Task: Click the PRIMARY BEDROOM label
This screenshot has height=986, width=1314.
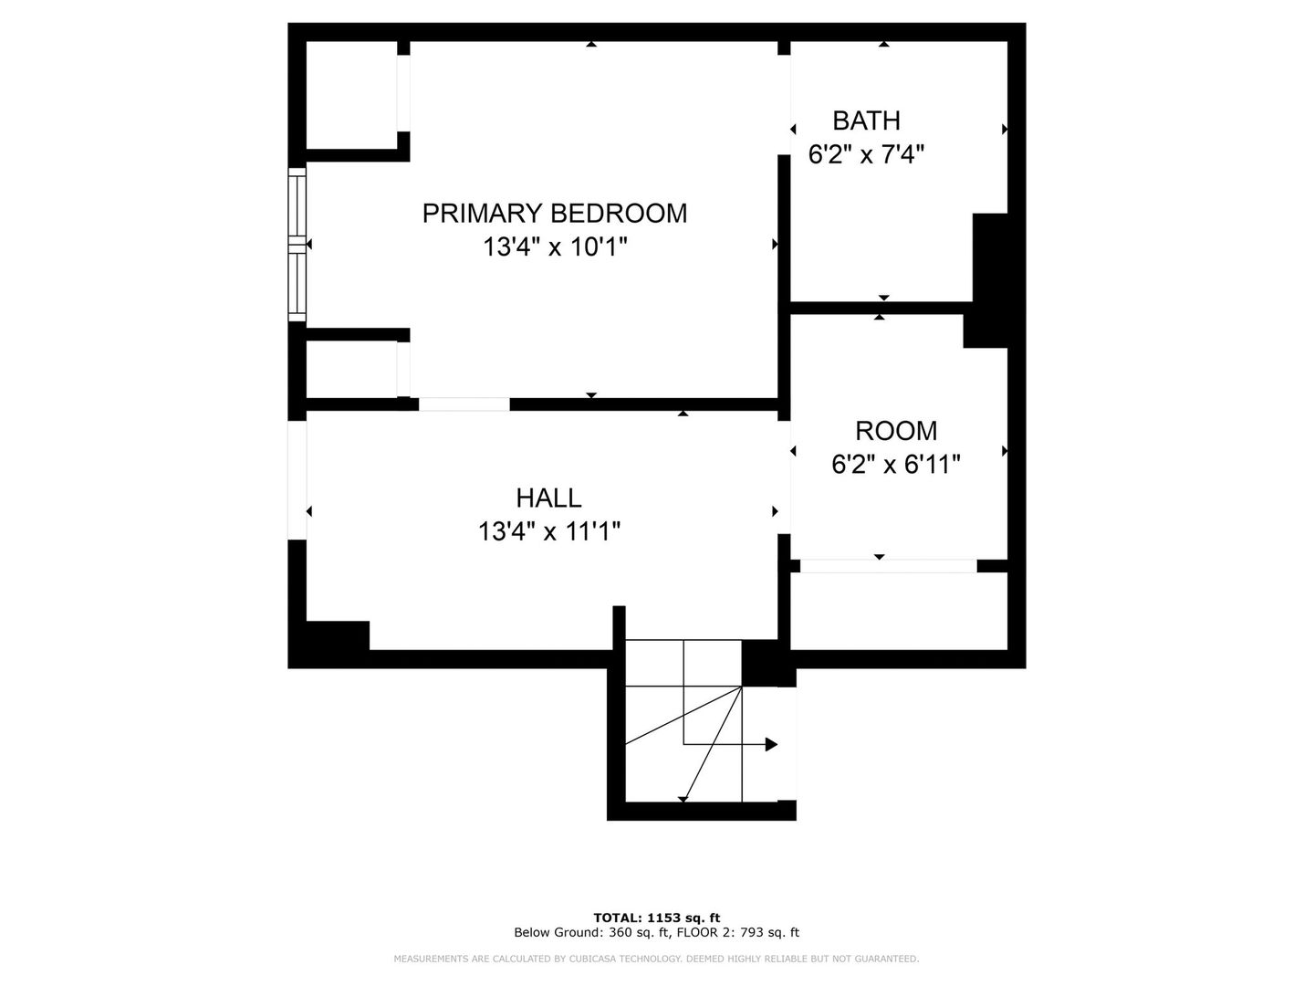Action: (554, 214)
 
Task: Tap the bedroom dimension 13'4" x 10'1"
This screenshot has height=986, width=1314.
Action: (555, 247)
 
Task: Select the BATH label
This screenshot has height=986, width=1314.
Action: (866, 121)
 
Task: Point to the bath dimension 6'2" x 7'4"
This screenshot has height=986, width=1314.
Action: (866, 154)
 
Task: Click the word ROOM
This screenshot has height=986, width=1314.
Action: (895, 431)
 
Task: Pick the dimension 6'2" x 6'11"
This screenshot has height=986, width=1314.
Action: (895, 465)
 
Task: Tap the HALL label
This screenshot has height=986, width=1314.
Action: (548, 498)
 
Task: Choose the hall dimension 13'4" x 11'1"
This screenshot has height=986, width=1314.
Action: (548, 531)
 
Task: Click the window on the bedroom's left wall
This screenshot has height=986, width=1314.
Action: (297, 245)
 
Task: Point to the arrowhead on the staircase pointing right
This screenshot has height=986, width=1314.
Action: (772, 745)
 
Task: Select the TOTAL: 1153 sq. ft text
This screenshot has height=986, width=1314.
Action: (657, 918)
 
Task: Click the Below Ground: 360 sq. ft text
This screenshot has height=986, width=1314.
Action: (592, 933)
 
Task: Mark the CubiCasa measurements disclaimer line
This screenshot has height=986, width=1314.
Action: (657, 959)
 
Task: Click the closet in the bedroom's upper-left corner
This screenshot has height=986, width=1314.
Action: (351, 95)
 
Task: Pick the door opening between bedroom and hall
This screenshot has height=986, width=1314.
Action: (464, 404)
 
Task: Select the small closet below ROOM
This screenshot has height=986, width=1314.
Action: (899, 611)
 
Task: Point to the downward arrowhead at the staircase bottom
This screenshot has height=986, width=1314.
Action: (683, 800)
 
